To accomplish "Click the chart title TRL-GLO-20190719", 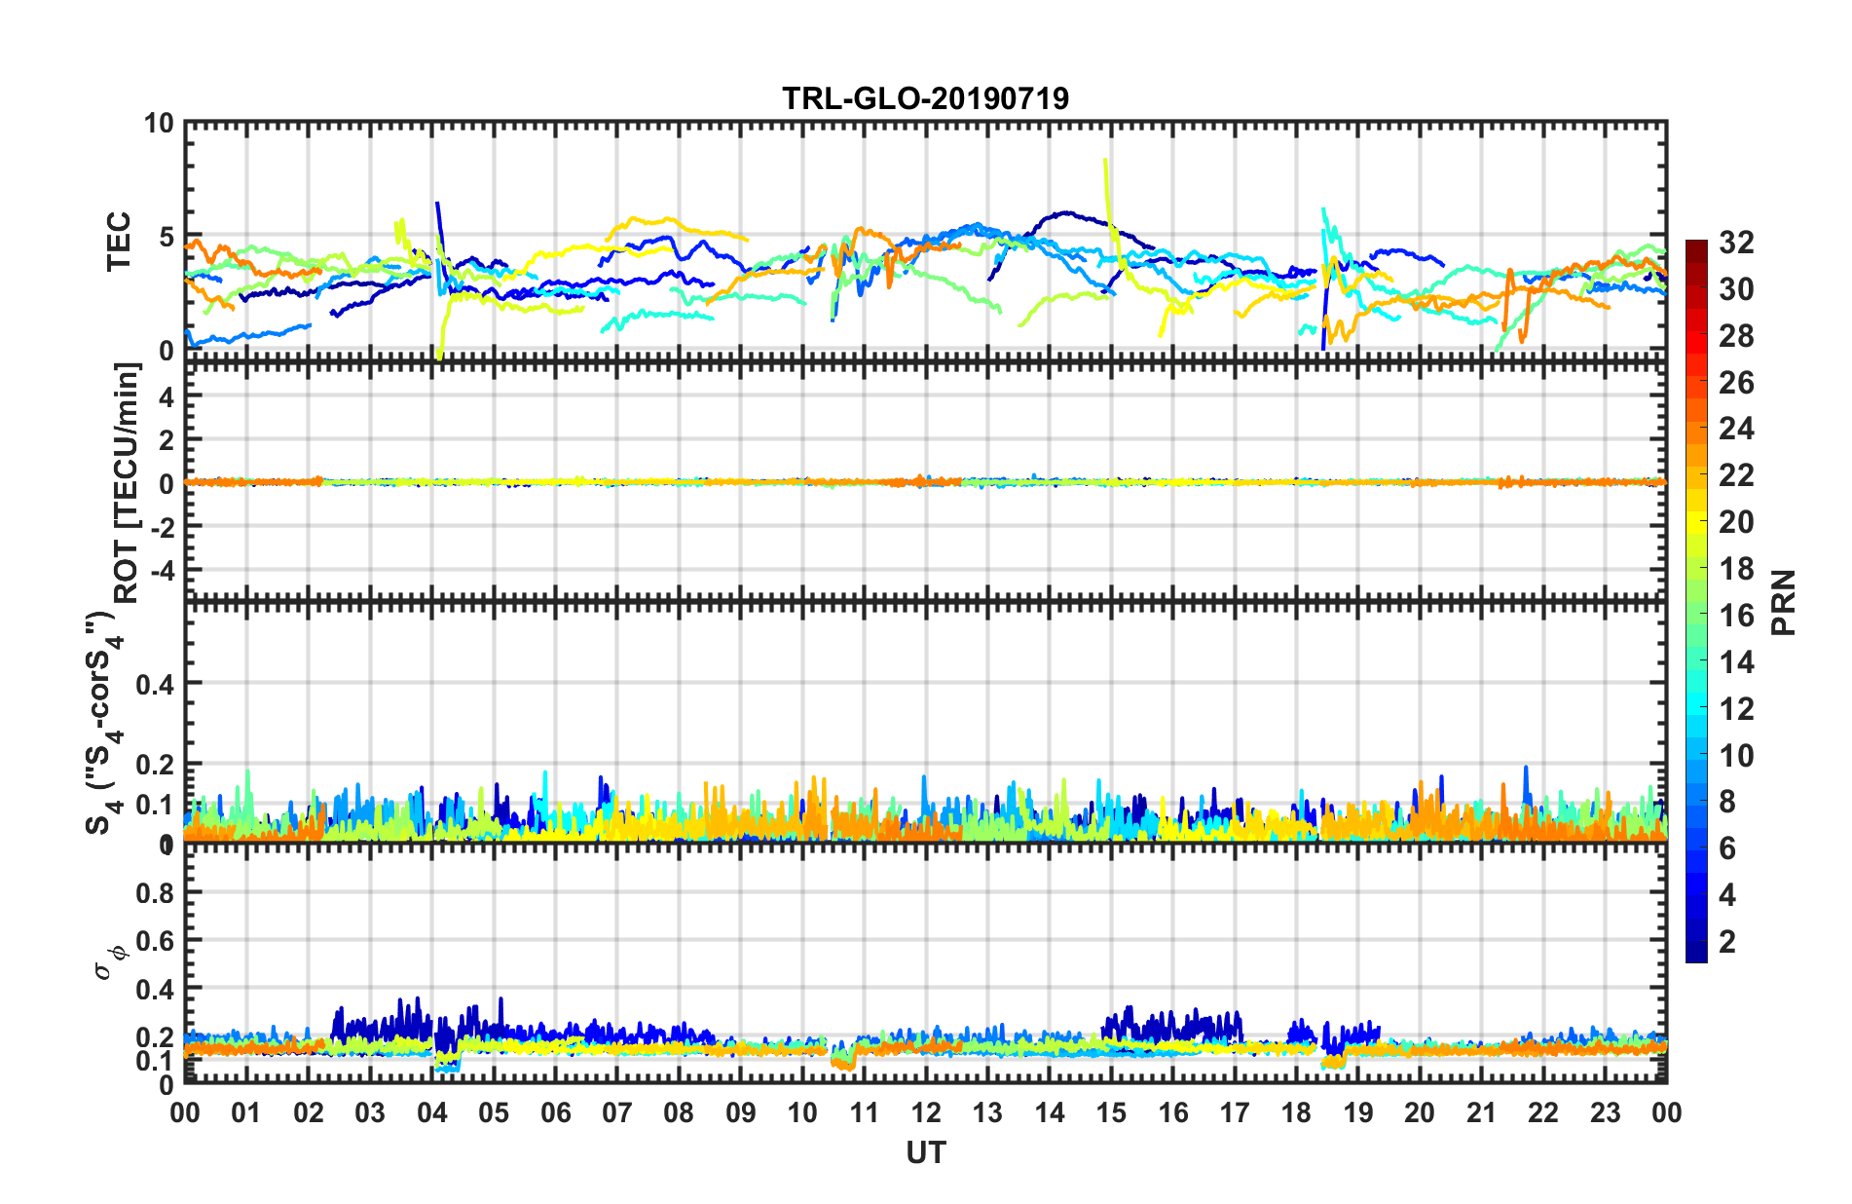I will (x=925, y=98).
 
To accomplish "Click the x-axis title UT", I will (x=925, y=1152).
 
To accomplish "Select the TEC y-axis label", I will (x=119, y=241).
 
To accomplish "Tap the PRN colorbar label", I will (x=1784, y=603).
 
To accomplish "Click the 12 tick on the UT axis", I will (x=925, y=1112).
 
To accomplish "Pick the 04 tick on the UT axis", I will (x=431, y=1112).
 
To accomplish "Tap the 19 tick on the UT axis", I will (x=1357, y=1112).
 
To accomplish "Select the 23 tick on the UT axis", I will (x=1605, y=1112).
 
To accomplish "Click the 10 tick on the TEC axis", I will (x=159, y=124).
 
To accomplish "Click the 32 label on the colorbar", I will (x=1736, y=243).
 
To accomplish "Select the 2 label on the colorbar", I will (x=1728, y=941).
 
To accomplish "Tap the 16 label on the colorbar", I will (x=1736, y=616).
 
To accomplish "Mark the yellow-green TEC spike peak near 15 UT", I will (x=1104, y=160).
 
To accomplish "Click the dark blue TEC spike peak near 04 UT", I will (x=437, y=203).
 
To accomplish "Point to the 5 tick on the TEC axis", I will (x=166, y=237).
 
